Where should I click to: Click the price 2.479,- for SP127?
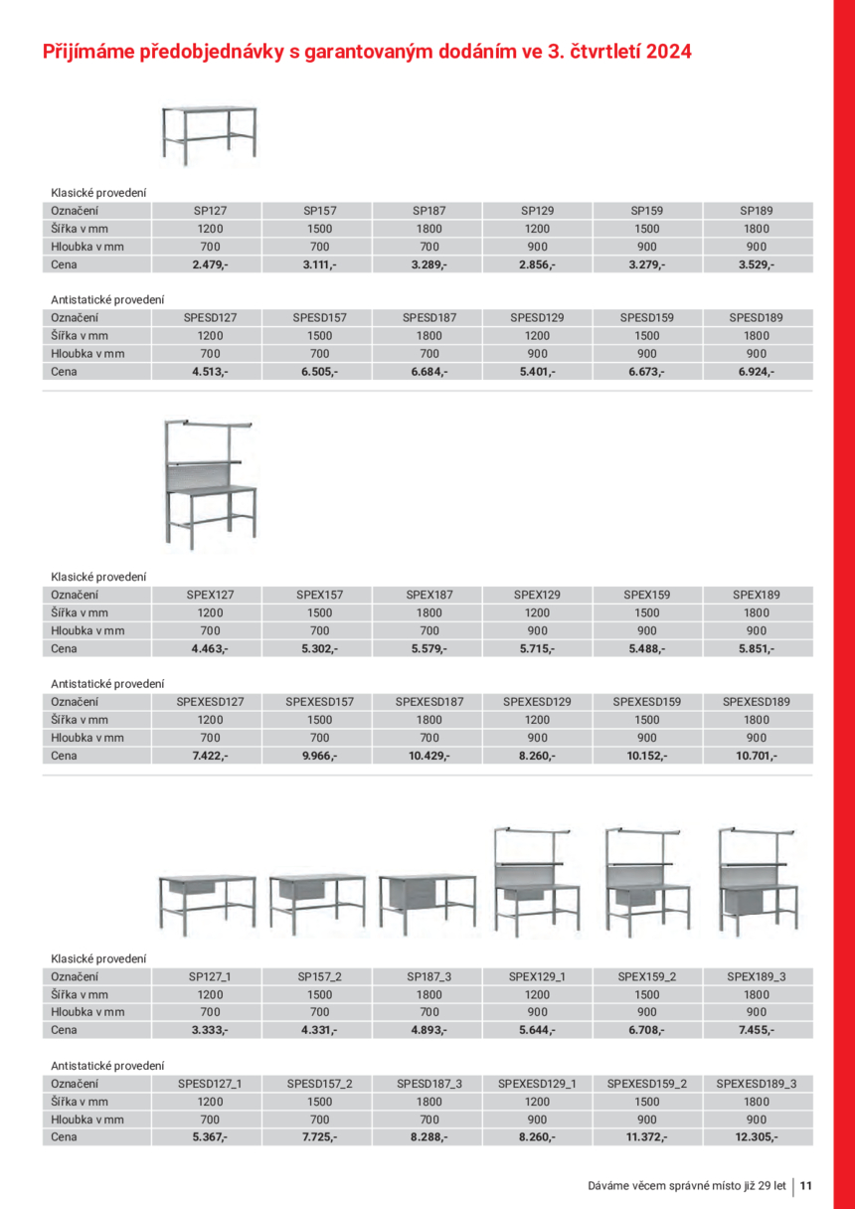click(x=210, y=264)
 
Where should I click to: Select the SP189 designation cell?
click(x=757, y=211)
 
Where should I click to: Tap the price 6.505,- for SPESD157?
click(x=319, y=372)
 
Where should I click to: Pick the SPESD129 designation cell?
click(x=538, y=318)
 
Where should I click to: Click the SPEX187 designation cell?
click(x=428, y=595)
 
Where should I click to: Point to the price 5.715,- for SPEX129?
click(x=538, y=648)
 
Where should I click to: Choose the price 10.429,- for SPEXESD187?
click(x=428, y=756)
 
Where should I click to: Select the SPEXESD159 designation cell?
click(x=647, y=702)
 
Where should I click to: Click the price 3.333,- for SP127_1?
click(x=210, y=1030)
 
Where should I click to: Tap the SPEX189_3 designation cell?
click(x=757, y=976)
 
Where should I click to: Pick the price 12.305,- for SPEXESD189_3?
click(x=757, y=1137)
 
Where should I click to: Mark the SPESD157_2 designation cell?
click(x=319, y=1084)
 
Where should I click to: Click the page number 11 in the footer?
click(x=806, y=1185)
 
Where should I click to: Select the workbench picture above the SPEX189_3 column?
click(x=757, y=882)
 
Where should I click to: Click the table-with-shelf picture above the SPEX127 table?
click(x=209, y=482)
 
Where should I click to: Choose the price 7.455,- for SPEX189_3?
click(x=757, y=1030)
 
